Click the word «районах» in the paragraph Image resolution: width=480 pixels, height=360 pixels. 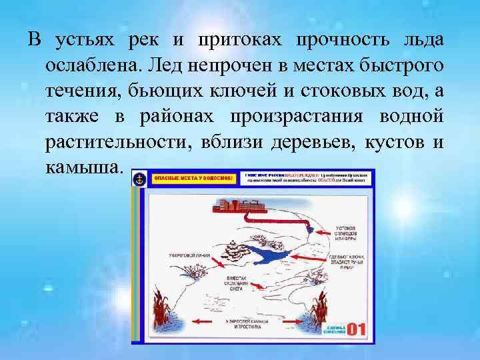pos(178,118)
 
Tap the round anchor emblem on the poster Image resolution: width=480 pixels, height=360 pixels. pos(140,179)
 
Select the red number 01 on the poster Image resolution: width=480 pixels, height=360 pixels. pos(357,329)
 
